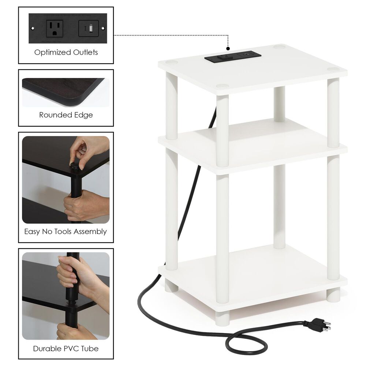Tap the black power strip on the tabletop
[x=232, y=57]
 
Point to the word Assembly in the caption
[x=91, y=232]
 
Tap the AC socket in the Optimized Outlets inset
[x=55, y=28]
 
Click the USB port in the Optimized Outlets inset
[x=89, y=28]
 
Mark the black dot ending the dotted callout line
[x=228, y=48]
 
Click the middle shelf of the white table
[x=253, y=146]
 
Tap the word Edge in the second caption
[x=83, y=115]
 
